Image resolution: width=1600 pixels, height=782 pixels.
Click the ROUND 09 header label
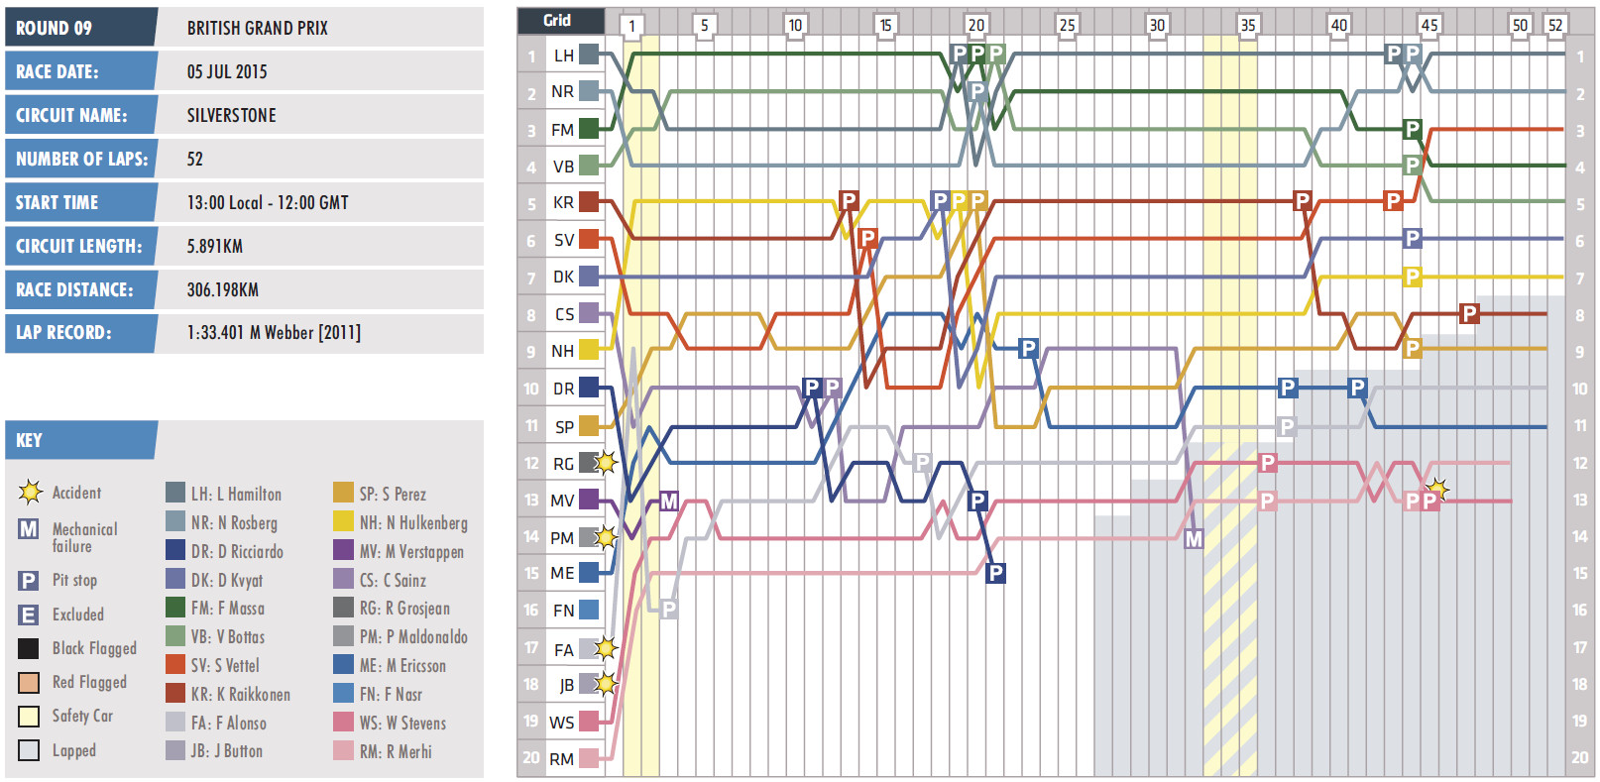click(55, 28)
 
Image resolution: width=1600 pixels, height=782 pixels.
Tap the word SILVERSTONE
click(232, 115)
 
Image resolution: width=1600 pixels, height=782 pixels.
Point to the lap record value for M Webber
click(274, 333)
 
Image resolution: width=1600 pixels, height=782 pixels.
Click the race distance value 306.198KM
click(223, 289)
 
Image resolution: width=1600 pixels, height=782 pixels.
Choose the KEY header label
click(30, 440)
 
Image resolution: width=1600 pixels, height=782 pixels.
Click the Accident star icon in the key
click(30, 492)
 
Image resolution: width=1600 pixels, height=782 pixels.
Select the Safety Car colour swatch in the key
click(29, 717)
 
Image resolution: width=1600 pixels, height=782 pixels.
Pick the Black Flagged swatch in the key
click(29, 649)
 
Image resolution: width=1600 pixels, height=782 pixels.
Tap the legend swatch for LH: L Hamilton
click(175, 494)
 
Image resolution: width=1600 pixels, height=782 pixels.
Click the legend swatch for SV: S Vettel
click(175, 665)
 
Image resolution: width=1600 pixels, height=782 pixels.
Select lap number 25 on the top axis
click(1067, 25)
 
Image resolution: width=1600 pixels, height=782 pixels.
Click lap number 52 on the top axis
click(1555, 25)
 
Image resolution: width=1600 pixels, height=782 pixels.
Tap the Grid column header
click(557, 20)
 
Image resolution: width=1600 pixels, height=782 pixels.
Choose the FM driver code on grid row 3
click(562, 130)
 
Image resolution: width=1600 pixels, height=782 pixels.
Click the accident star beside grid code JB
click(606, 684)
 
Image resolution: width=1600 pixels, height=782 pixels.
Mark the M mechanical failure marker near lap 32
click(1194, 539)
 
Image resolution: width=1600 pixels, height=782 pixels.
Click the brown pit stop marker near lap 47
click(1469, 313)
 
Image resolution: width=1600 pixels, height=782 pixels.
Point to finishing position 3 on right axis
click(1580, 131)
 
